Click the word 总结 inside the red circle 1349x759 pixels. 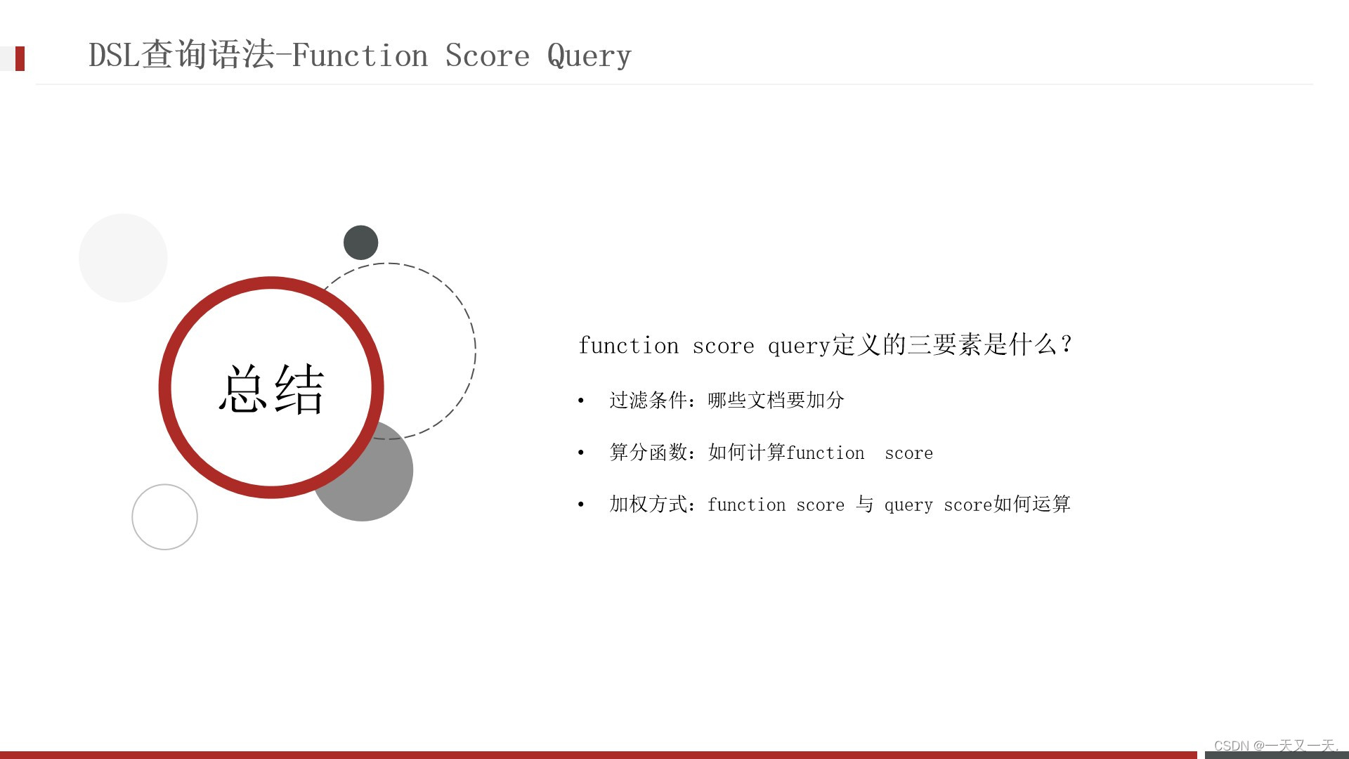[x=271, y=389]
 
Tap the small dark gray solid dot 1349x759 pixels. [x=360, y=242]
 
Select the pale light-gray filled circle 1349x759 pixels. [x=123, y=258]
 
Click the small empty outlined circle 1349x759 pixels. [x=164, y=517]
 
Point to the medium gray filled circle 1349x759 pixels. [x=379, y=485]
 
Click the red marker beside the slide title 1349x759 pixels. [x=20, y=58]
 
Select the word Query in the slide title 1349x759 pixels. [x=589, y=56]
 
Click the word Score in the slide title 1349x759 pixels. [x=487, y=56]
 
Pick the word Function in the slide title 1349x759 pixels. [x=359, y=56]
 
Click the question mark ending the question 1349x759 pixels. [x=1066, y=344]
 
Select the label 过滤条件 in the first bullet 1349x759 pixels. [x=648, y=400]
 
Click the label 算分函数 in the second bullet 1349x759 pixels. [x=648, y=452]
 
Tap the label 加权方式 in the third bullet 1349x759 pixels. [x=648, y=504]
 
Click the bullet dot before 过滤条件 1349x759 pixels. [x=581, y=401]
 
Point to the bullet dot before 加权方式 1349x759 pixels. [x=581, y=505]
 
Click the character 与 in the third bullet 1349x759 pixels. [x=864, y=504]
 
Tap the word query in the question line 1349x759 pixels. [x=799, y=346]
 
